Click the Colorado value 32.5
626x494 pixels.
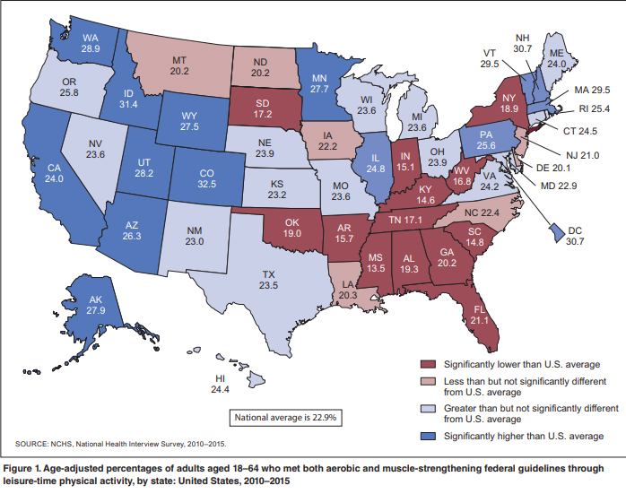point(207,184)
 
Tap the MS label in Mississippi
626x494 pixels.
point(376,258)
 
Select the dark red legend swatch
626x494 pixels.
point(429,364)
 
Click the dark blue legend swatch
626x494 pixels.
point(429,436)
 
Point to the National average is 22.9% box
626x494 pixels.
point(285,418)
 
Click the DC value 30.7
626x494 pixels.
point(575,241)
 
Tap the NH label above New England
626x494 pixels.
point(522,38)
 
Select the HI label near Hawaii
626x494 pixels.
point(220,378)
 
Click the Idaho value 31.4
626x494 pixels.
point(128,104)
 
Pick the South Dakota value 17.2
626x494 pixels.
point(262,114)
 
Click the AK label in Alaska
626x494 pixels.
point(96,299)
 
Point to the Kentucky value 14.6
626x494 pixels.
point(426,200)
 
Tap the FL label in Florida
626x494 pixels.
point(480,309)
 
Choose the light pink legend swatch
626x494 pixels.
point(429,382)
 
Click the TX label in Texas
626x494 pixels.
point(269,274)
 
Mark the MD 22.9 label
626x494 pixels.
point(559,186)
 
